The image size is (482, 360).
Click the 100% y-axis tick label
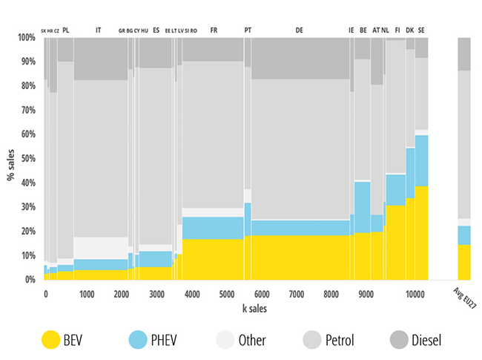25,38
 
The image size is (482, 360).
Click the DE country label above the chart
299,30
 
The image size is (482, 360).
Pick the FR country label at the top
214,30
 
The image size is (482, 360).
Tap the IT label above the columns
99,30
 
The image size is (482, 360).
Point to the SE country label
421,30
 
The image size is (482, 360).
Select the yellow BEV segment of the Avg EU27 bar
464,262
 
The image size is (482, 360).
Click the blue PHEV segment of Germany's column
299,227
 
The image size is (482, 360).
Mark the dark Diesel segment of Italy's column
100,59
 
